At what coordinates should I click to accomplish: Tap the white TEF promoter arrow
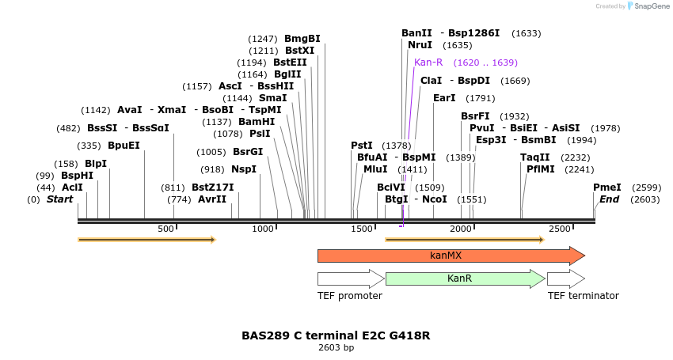[x=350, y=279]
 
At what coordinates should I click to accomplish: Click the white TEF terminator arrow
[x=565, y=279]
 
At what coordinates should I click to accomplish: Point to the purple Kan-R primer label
[x=428, y=62]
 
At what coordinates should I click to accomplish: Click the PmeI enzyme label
[x=606, y=188]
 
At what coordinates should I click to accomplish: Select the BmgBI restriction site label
[x=302, y=38]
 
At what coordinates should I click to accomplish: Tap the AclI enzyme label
[x=72, y=188]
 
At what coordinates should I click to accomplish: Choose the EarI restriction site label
[x=444, y=98]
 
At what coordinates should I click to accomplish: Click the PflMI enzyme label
[x=543, y=169]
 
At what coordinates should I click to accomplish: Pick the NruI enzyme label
[x=420, y=45]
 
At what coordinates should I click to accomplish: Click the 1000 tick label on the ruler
[x=262, y=229]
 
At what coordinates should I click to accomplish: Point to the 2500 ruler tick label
[x=560, y=229]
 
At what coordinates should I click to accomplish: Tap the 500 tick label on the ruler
[x=165, y=229]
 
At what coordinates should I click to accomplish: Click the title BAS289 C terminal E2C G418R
[x=336, y=335]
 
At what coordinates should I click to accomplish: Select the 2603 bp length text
[x=336, y=347]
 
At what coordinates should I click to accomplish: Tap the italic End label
[x=609, y=199]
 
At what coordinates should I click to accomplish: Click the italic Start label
[x=59, y=199]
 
